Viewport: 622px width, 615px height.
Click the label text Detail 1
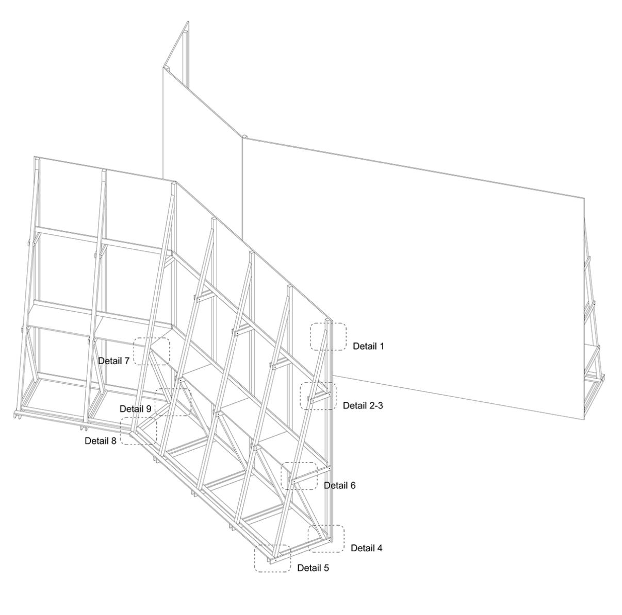[368, 346]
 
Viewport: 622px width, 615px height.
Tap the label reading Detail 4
[367, 548]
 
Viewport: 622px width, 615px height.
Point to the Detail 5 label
[313, 568]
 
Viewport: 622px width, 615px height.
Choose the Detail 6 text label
[339, 485]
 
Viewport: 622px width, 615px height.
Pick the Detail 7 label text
[113, 361]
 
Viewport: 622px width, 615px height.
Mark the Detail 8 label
[101, 440]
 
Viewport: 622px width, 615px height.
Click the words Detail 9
[135, 408]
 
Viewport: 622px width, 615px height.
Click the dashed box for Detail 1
[329, 336]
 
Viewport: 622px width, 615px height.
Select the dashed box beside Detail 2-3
[318, 396]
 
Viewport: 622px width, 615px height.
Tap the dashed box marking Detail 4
[326, 539]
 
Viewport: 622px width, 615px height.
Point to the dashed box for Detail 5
[272, 558]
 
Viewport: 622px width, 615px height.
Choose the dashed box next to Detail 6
[299, 476]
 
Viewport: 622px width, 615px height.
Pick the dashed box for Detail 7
[151, 351]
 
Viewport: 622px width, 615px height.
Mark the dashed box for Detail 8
[138, 431]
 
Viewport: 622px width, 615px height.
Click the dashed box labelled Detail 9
[173, 402]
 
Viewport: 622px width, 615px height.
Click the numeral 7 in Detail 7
[126, 361]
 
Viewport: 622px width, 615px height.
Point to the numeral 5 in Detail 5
[326, 568]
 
